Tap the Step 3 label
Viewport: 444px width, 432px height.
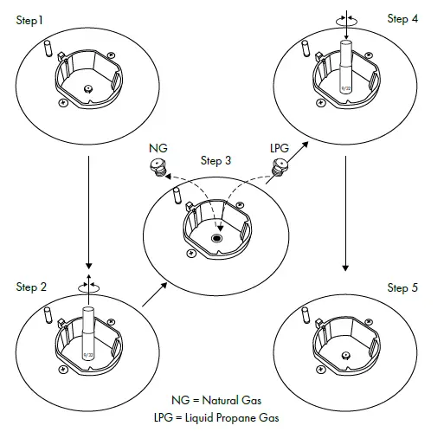(216, 160)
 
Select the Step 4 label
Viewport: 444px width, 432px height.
(402, 19)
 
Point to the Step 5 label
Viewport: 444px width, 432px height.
(402, 287)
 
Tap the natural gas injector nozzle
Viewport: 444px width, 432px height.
(157, 167)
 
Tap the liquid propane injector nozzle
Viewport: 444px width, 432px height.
(279, 170)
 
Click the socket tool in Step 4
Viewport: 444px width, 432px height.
(346, 65)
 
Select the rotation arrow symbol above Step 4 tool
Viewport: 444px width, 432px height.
(346, 16)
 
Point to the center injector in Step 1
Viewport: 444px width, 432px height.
(87, 88)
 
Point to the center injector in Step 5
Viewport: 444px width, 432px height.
(345, 354)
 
